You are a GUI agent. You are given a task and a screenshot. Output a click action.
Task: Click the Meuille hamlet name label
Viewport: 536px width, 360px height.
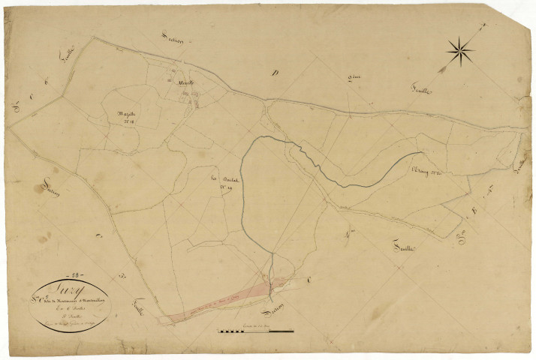coord(185,82)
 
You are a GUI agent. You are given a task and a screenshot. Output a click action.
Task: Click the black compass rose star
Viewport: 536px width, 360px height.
coord(461,51)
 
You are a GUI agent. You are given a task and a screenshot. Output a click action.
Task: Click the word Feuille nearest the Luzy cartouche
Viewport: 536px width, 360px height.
coord(137,307)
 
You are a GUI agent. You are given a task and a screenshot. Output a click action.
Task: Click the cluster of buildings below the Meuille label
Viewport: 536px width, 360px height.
coord(191,96)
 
